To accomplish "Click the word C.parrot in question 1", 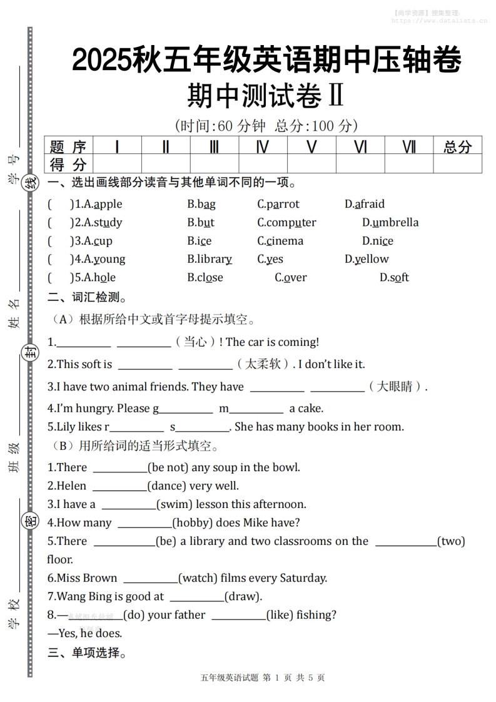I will (278, 204).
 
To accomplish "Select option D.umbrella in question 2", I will (390, 222).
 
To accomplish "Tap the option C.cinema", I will (280, 241).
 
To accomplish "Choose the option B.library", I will (210, 259).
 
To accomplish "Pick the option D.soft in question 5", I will (394, 277).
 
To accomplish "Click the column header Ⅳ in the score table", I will (263, 146).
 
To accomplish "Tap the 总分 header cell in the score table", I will (457, 146).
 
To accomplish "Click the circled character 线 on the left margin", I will (29, 183).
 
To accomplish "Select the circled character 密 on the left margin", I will (29, 521).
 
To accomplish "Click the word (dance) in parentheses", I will (167, 486).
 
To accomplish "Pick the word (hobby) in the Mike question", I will (192, 522).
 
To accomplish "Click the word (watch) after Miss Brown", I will (198, 578).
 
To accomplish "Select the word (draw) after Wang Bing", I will (243, 597).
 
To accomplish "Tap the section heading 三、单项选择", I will (87, 653).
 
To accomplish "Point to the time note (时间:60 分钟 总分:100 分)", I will (266, 126).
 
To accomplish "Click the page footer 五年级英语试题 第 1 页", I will (263, 678).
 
